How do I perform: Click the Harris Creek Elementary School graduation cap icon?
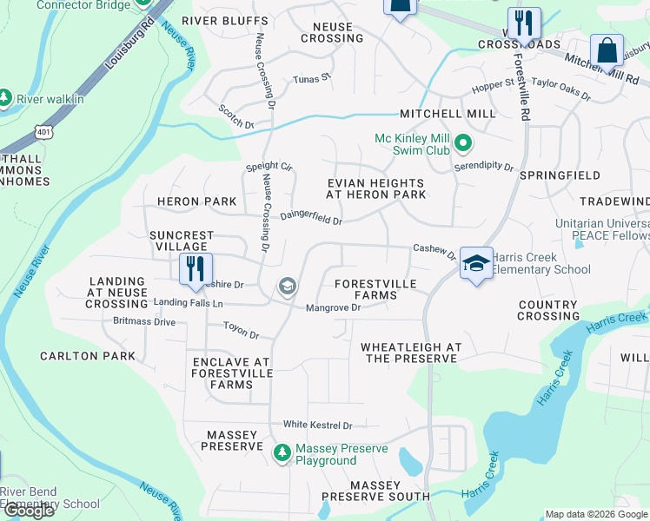476,263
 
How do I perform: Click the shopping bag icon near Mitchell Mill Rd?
607,49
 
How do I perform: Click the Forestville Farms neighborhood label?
375,289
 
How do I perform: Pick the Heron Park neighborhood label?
196,201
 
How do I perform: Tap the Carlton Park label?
88,356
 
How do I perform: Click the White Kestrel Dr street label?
317,425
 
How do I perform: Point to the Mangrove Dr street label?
333,307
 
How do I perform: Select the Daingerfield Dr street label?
310,219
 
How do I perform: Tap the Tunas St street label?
313,78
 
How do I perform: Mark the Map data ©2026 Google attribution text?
596,514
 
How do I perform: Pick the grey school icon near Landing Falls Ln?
286,287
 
